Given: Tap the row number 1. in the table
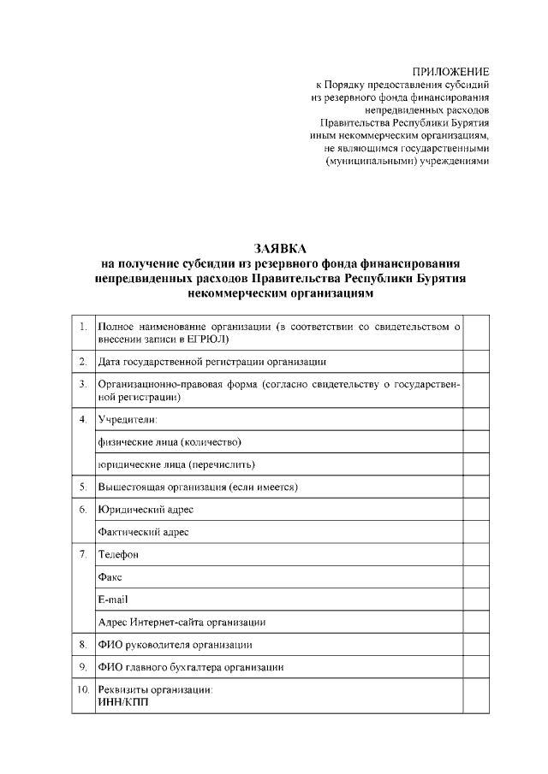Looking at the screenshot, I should [x=82, y=327].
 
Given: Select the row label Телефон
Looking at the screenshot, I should [x=119, y=554].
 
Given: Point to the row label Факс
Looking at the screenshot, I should [x=110, y=576].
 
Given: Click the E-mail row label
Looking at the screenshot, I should [x=113, y=599].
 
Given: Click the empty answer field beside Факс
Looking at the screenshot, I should [x=476, y=576].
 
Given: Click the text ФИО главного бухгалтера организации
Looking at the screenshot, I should [x=190, y=666].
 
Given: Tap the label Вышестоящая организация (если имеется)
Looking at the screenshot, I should [x=198, y=487].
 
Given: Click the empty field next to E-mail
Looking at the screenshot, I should [x=476, y=599].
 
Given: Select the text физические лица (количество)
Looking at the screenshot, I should [x=170, y=441].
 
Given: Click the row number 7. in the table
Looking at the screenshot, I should [x=82, y=554].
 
